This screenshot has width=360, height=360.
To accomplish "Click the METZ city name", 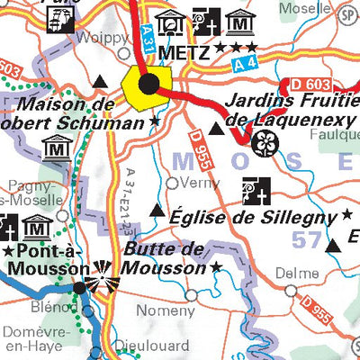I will coord(184,53).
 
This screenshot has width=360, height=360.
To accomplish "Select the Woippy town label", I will coord(96,39).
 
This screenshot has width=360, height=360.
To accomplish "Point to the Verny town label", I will coord(200,183).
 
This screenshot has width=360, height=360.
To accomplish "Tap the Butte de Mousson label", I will coord(165,258).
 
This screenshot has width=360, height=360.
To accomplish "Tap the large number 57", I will coord(307,239).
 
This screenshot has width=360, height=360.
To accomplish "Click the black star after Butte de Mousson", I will coord(216,267).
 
